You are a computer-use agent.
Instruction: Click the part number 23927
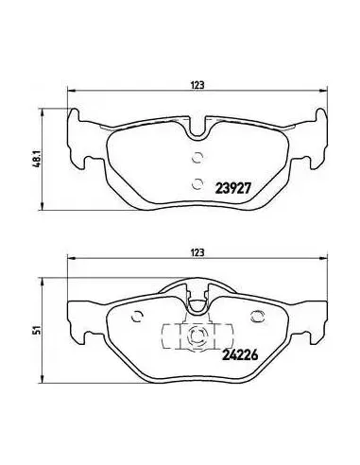(x=233, y=189)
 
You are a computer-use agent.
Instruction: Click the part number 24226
(x=240, y=355)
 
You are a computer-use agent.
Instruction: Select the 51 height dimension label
(x=38, y=330)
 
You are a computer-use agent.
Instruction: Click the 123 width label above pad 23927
(x=197, y=85)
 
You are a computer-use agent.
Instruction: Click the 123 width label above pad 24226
(x=197, y=252)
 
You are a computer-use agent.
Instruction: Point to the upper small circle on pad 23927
(x=197, y=158)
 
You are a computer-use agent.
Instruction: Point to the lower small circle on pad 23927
(x=197, y=183)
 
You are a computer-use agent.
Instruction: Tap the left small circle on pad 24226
(x=138, y=317)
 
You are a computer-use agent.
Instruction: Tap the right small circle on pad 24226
(x=257, y=317)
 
